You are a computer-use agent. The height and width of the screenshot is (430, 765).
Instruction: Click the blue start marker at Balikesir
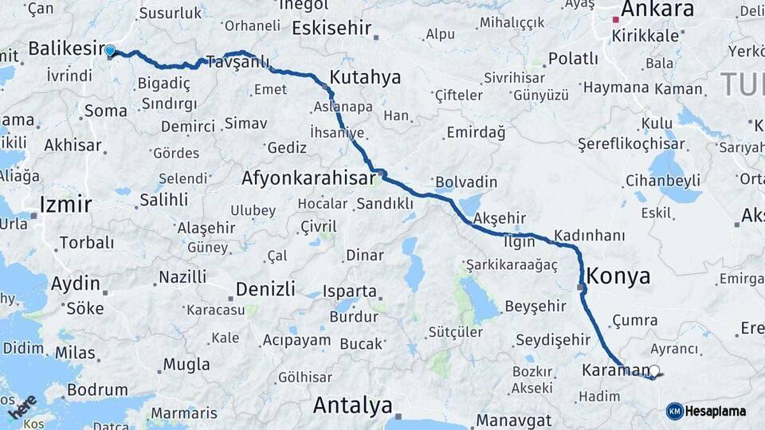pos(110,51)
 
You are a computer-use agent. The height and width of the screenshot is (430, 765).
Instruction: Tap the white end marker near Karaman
pos(654,370)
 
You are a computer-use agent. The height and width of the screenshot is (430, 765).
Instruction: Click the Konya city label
pos(618,276)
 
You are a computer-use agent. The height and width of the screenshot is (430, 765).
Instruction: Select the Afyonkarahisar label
pos(308,178)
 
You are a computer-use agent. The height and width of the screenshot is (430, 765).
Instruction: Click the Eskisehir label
pos(331,29)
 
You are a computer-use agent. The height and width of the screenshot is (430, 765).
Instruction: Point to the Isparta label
pos(350,291)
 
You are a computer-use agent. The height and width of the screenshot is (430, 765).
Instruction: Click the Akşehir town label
pos(500,218)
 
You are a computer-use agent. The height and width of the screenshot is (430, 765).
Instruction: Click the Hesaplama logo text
pos(716,411)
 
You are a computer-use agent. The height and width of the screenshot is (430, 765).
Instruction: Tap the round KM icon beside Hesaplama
pos(675,411)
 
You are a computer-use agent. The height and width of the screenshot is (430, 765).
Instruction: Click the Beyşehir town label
pos(535,306)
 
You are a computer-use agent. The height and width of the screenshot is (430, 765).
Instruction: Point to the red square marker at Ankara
pos(615,19)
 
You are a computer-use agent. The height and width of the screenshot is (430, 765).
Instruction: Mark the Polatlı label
pos(574,58)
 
